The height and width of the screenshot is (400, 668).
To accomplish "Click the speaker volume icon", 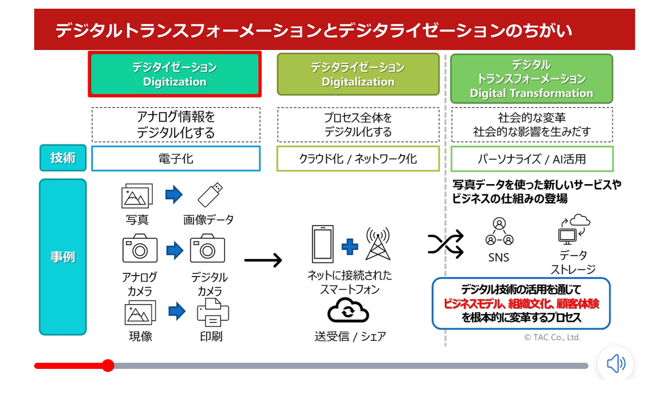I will click(x=615, y=364).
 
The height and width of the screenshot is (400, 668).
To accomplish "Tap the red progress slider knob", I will click(x=108, y=365).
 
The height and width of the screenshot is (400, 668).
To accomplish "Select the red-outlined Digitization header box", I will click(x=175, y=74).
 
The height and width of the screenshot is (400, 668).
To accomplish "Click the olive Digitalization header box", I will click(x=358, y=74).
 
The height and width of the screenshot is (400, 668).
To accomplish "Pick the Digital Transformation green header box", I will click(x=531, y=79).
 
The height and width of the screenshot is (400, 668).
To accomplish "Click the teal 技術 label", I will click(x=63, y=158).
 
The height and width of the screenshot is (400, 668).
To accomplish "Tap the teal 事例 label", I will click(x=63, y=257).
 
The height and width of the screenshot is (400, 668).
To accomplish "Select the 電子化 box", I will click(x=176, y=159).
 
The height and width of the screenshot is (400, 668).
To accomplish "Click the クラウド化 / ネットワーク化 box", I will click(x=358, y=159).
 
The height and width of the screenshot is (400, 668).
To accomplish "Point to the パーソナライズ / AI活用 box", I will click(x=531, y=159).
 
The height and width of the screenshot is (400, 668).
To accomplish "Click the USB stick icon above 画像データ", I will click(x=210, y=195).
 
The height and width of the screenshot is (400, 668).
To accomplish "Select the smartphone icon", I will click(x=323, y=244).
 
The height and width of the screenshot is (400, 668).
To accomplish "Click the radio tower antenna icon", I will click(x=378, y=243).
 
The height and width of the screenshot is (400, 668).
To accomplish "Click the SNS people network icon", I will click(x=499, y=232).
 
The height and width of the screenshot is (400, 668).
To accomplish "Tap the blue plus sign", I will click(x=350, y=247).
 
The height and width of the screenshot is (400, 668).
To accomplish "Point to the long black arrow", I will click(x=263, y=260).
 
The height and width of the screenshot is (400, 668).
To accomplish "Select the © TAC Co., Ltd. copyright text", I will click(x=552, y=337).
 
